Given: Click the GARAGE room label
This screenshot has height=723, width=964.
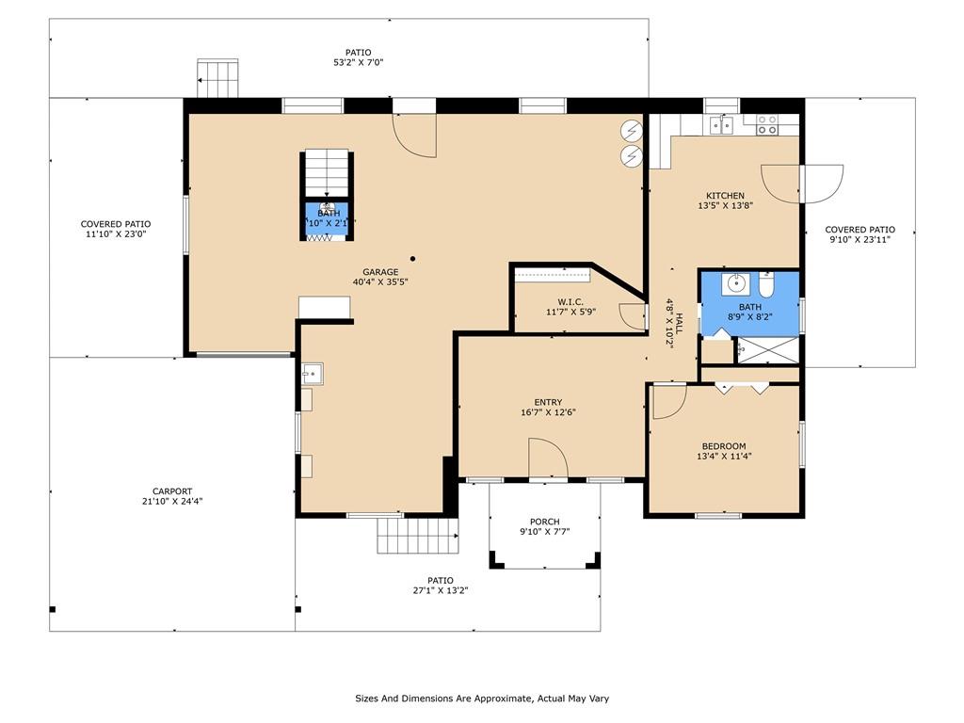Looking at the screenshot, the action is pyautogui.click(x=380, y=272).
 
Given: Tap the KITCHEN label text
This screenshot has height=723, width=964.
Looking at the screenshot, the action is pyautogui.click(x=726, y=196).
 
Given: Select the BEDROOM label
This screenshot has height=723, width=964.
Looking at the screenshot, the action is pyautogui.click(x=724, y=446).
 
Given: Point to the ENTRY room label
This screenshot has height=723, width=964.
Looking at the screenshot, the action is pyautogui.click(x=548, y=403).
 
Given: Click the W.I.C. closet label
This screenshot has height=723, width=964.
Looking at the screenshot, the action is pyautogui.click(x=570, y=302).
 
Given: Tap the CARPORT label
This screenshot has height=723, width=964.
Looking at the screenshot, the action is pyautogui.click(x=172, y=491).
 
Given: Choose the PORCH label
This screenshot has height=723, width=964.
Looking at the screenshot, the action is pyautogui.click(x=545, y=522).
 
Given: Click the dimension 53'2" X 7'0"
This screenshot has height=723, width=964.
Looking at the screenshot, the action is pyautogui.click(x=359, y=62).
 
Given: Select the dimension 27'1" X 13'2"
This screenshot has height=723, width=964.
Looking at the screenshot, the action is pyautogui.click(x=441, y=590).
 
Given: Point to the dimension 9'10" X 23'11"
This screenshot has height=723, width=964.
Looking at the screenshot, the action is pyautogui.click(x=860, y=239).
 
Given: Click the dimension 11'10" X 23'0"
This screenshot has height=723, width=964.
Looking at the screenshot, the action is pyautogui.click(x=116, y=233).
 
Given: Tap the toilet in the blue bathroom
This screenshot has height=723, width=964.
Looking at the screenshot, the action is pyautogui.click(x=766, y=284).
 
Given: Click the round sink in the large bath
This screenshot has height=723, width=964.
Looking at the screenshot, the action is pyautogui.click(x=735, y=283).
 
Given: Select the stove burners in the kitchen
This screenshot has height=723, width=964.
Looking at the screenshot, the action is pyautogui.click(x=766, y=125).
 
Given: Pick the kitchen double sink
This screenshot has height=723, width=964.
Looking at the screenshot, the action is pyautogui.click(x=721, y=125).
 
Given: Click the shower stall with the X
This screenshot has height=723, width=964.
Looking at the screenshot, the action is pyautogui.click(x=768, y=350).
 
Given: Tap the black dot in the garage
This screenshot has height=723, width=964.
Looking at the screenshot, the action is pyautogui.click(x=413, y=259).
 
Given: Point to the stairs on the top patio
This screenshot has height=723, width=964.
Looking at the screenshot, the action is pyautogui.click(x=217, y=78).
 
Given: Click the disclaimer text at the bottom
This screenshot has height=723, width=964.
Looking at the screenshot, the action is pyautogui.click(x=482, y=699).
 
